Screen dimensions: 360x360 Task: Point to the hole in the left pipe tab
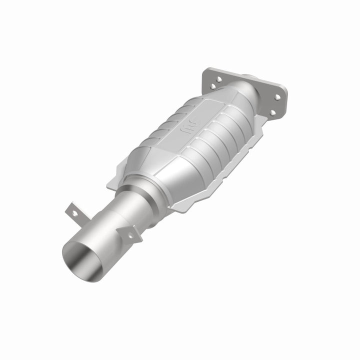pos(74,213)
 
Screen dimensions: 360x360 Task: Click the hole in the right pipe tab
pos(131,234)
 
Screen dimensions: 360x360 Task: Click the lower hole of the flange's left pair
pos(213,86)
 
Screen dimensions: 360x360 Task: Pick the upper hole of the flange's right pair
pos(277,98)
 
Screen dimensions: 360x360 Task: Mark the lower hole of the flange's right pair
pos(272,111)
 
